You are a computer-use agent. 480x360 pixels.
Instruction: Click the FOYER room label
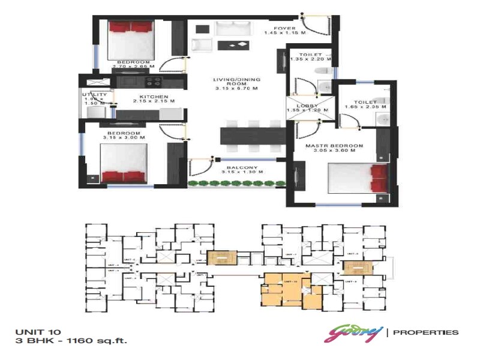coord(284,28)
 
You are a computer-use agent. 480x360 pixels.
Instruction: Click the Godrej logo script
coord(353,332)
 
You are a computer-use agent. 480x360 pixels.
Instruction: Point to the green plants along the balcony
coord(236,183)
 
